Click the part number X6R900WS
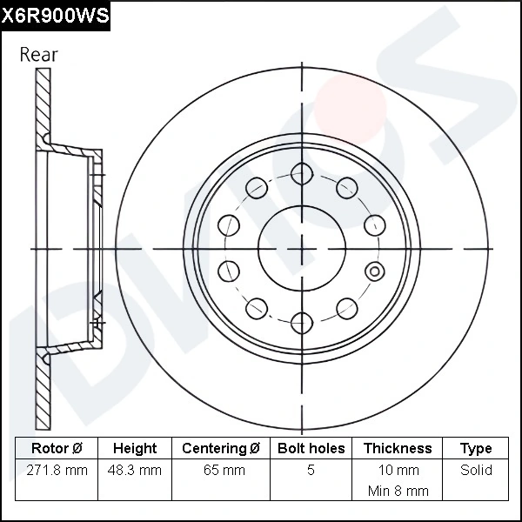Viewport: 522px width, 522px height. (55, 15)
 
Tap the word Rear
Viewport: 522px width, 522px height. (39, 54)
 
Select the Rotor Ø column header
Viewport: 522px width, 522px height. (57, 449)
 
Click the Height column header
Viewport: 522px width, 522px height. (135, 449)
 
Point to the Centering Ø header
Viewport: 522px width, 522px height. (221, 449)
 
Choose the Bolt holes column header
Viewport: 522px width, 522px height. (311, 449)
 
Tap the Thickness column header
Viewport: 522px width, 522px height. (398, 449)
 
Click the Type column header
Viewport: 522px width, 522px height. (476, 449)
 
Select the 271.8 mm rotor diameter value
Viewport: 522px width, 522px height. (57, 471)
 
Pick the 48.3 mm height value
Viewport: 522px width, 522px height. (135, 471)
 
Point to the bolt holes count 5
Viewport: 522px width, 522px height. (311, 471)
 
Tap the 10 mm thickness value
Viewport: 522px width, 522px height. (398, 471)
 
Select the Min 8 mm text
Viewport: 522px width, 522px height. (398, 491)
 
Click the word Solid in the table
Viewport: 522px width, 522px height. (476, 471)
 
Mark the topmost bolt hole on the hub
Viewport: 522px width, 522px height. (301, 171)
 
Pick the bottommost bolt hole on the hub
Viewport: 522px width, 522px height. (301, 322)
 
